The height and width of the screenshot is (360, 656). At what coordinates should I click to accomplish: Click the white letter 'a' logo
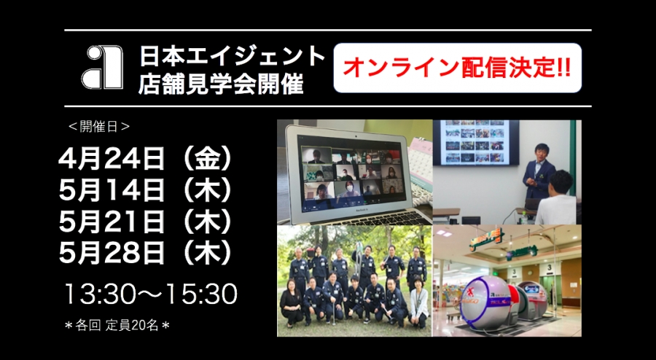click(x=102, y=67)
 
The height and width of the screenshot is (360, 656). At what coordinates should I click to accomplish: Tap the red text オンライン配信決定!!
click(x=457, y=68)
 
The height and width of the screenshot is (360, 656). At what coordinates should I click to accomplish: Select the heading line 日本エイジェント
click(x=233, y=56)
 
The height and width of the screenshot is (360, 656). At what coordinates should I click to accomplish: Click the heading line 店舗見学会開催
click(x=221, y=84)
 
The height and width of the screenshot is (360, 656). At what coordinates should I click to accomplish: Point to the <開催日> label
click(x=99, y=127)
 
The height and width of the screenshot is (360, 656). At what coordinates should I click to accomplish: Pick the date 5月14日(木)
click(x=146, y=191)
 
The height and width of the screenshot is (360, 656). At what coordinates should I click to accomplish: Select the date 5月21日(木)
click(x=146, y=222)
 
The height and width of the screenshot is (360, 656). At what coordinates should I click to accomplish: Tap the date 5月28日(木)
click(x=146, y=254)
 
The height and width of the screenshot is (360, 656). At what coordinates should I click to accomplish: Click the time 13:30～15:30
click(x=151, y=294)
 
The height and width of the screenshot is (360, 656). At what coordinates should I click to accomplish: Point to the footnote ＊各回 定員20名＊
click(x=117, y=326)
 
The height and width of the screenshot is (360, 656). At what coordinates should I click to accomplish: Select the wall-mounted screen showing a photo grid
click(x=476, y=142)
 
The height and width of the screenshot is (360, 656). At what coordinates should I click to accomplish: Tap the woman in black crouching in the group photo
click(x=291, y=302)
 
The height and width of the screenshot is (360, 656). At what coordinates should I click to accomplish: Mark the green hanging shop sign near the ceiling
click(x=485, y=238)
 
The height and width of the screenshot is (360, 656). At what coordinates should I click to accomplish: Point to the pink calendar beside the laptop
click(x=420, y=164)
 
